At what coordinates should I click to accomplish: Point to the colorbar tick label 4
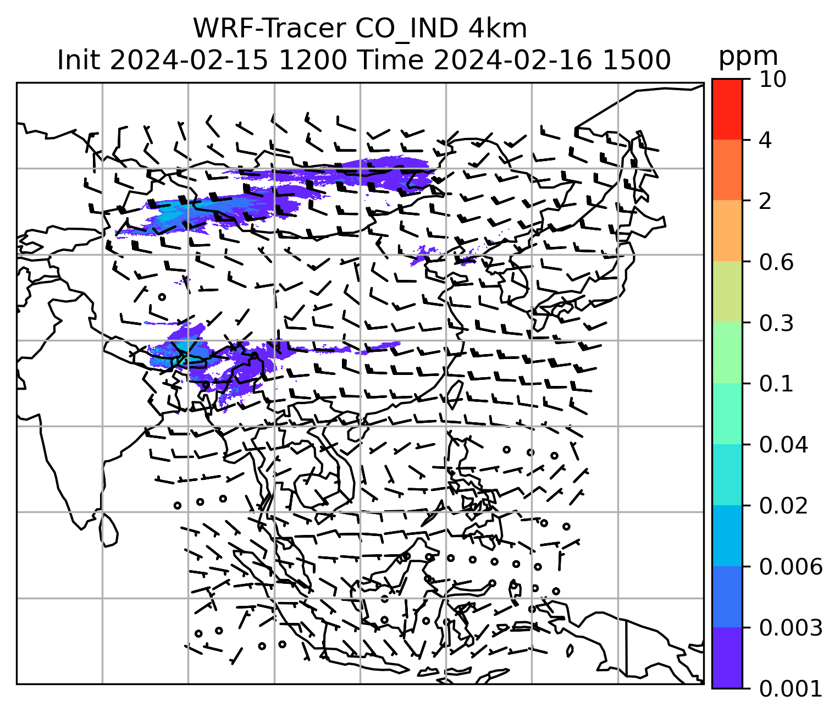765,141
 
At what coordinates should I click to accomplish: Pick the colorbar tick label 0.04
783,445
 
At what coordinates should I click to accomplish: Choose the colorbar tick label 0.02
783,506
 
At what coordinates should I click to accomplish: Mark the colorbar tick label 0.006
790,567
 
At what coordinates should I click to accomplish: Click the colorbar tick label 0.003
790,628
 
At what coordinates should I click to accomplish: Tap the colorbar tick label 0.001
790,688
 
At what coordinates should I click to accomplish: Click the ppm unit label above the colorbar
748,57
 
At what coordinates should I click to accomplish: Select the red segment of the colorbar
727,109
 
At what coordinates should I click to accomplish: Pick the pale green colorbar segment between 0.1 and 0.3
727,353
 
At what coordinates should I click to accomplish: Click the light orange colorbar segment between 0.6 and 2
727,231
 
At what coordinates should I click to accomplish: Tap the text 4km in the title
498,29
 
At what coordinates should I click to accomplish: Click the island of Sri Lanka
108,529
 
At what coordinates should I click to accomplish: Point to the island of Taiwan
455,394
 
